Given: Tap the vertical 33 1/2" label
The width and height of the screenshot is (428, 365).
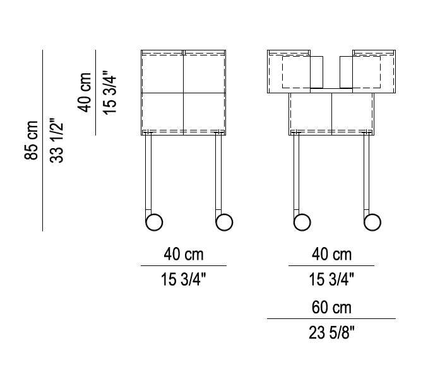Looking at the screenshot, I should tap(57, 140).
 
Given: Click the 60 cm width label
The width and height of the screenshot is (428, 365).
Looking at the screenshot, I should tap(331, 308).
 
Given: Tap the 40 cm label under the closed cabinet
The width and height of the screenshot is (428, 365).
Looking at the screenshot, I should tap(184, 255).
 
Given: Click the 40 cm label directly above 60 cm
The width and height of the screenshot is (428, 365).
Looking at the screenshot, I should tap(331, 255).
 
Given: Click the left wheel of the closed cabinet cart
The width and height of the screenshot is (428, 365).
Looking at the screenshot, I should tap(154, 222).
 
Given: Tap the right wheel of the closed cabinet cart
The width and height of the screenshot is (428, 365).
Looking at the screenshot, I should tap(224, 222).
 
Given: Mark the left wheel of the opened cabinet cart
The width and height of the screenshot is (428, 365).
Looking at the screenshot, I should tap(302, 222).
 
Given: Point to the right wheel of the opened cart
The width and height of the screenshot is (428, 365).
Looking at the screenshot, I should tap(372, 222).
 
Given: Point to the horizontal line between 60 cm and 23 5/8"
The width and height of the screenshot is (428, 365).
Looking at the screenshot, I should tap(331, 320).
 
